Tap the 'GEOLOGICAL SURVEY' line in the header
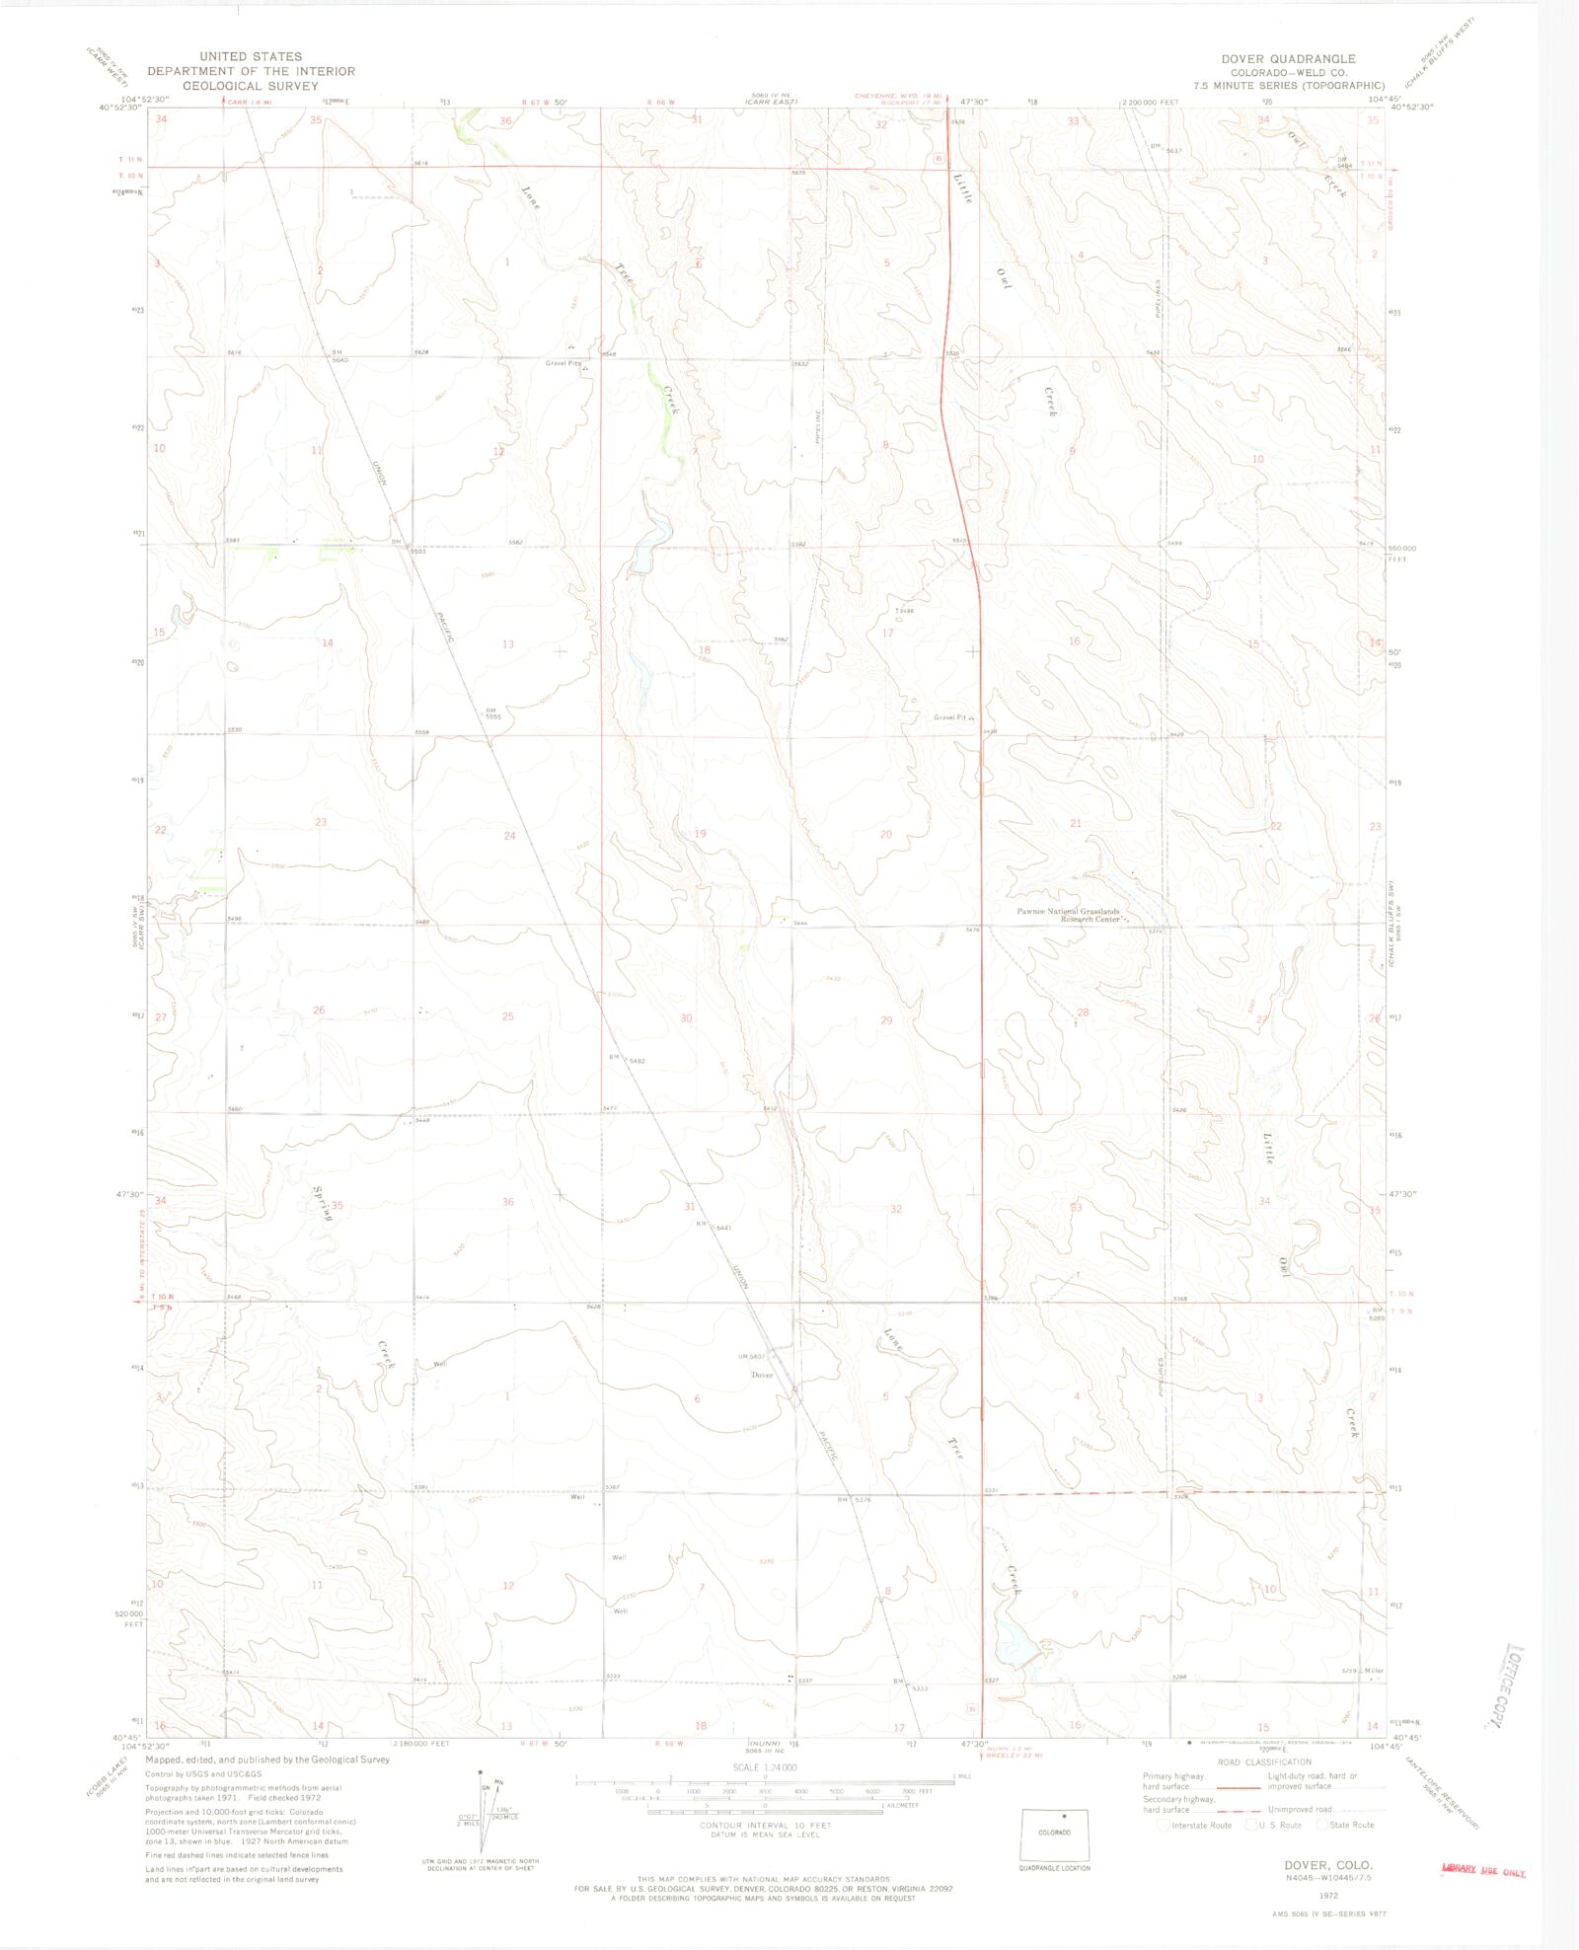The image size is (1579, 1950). [251, 86]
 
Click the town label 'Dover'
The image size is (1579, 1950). [762, 1375]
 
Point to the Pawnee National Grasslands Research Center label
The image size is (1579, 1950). [1069, 915]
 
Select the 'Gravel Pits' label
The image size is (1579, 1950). [564, 363]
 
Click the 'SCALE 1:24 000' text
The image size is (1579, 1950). [764, 1766]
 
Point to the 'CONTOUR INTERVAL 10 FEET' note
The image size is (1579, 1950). [764, 1825]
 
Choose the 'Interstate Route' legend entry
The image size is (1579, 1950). [1196, 1825]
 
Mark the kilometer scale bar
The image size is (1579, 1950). [764, 1811]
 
